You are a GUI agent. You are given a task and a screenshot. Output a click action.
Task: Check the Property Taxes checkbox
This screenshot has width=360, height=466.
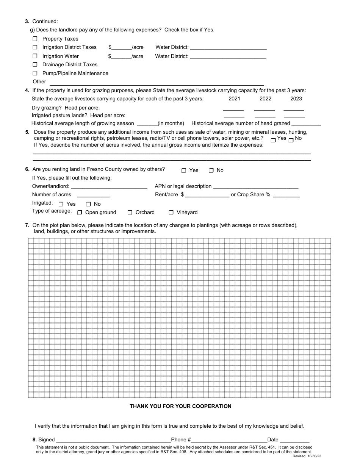pos(35,39)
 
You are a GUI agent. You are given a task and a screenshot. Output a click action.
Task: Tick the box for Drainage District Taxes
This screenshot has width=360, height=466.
pos(35,64)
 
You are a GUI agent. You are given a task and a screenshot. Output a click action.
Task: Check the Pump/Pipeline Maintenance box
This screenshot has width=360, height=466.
pos(35,73)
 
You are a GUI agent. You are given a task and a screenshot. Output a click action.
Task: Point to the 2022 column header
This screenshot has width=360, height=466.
pos(265,99)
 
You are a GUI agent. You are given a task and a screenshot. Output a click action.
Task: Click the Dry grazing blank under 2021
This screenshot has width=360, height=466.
pos(234,109)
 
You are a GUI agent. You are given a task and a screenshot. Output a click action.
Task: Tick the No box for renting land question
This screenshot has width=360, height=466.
pos(211,170)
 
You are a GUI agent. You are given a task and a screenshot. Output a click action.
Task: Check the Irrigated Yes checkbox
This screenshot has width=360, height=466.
pos(61,204)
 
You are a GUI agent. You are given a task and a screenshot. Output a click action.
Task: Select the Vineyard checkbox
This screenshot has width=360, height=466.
pos(171,213)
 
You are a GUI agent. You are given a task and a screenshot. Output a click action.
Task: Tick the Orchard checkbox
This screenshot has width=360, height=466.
pos(130,213)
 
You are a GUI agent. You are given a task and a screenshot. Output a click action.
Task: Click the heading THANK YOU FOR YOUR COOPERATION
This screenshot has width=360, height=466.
pos(180,406)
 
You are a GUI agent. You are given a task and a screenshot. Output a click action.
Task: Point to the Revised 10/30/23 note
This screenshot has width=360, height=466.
pos(307,456)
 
